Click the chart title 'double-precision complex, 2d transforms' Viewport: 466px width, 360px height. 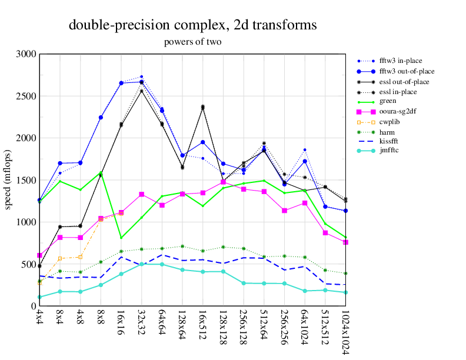192,25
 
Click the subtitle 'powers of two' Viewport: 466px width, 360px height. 192,42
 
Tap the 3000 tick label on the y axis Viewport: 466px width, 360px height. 26,54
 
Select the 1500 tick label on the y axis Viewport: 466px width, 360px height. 26,180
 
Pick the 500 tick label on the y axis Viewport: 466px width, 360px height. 29,264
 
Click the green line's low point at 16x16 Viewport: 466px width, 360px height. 121,238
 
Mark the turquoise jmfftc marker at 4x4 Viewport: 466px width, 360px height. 39,297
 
